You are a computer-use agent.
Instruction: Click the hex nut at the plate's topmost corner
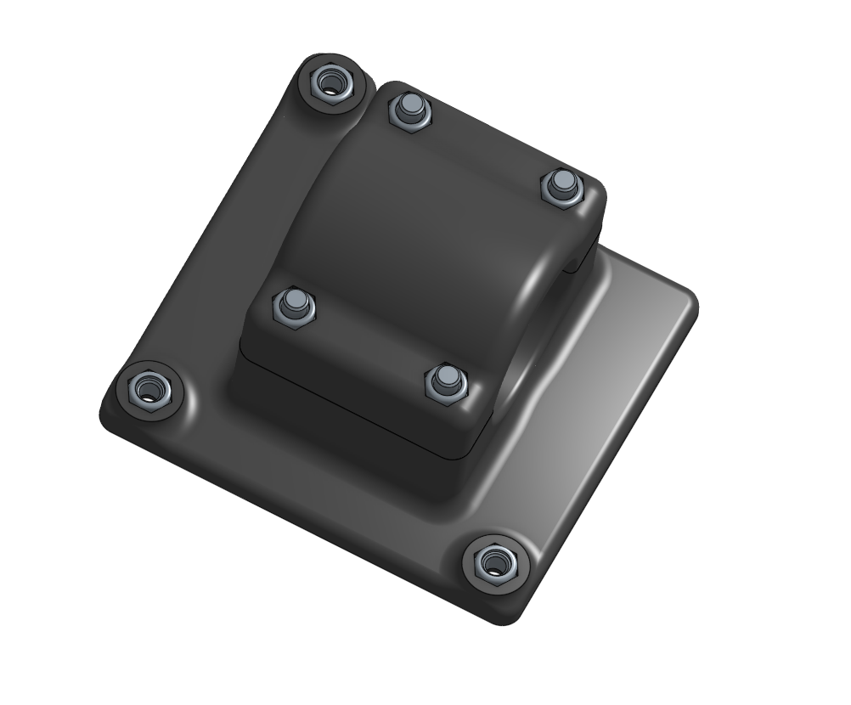330,83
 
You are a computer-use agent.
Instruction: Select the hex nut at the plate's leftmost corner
150,390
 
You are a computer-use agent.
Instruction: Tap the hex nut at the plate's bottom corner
494,562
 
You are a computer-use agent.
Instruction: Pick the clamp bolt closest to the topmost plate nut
409,111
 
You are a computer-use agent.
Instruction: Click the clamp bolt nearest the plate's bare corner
561,186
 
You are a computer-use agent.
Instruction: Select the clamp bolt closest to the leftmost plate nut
294,305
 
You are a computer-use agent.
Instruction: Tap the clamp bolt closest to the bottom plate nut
445,382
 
